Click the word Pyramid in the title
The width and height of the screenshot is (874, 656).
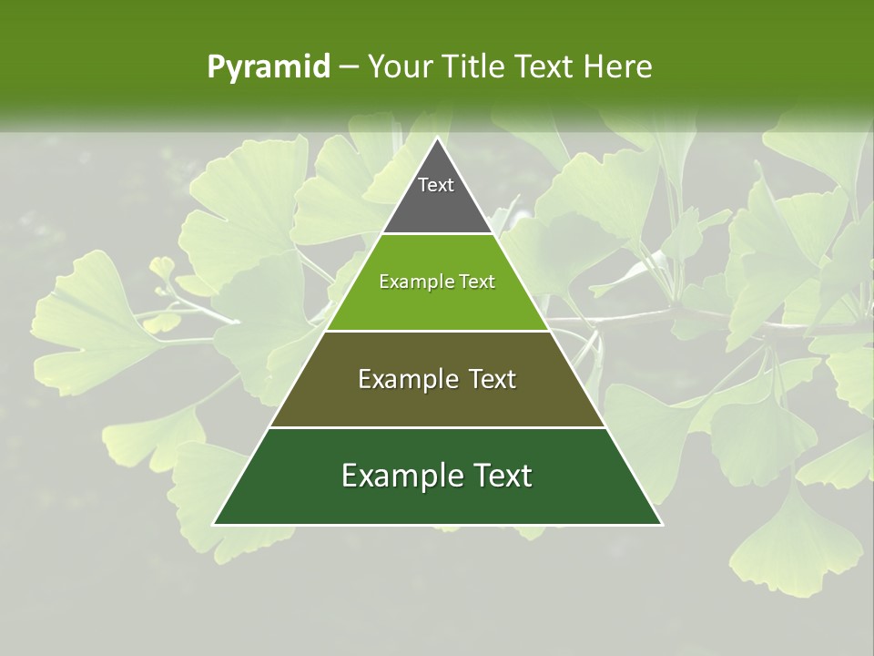tap(269, 67)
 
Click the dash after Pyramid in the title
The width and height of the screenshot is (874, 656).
tap(348, 67)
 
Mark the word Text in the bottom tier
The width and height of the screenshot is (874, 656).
tap(503, 476)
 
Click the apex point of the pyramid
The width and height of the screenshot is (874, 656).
tap(437, 138)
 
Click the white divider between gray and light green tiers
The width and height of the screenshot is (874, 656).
tap(437, 234)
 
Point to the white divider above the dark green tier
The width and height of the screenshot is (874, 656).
tap(437, 427)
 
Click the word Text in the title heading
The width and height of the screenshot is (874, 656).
tap(544, 67)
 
